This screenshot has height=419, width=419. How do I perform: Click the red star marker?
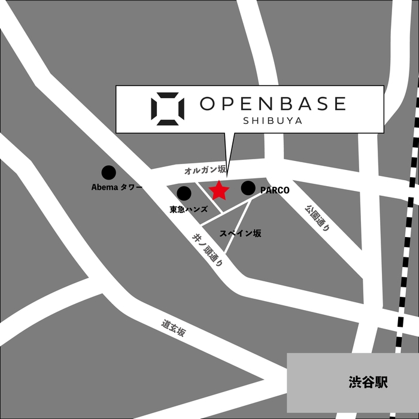click(x=219, y=190)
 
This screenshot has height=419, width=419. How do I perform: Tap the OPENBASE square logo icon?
click(x=168, y=108)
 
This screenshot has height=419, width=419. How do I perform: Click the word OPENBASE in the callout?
click(x=273, y=104)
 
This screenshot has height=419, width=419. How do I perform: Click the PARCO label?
click(x=275, y=190)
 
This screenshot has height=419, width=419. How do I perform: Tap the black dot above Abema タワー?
click(x=108, y=172)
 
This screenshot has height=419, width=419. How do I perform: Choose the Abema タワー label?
click(x=117, y=187)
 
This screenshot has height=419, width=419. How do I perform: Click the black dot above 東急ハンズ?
click(x=184, y=193)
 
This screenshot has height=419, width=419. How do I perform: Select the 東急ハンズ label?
click(x=189, y=209)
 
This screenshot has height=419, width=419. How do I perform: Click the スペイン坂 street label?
click(x=240, y=233)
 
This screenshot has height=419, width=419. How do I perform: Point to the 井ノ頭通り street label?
click(x=207, y=250)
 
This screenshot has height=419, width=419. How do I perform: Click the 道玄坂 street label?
click(x=173, y=327)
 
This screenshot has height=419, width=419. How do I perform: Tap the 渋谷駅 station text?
click(x=368, y=382)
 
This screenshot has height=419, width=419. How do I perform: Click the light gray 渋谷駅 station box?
click(x=323, y=395)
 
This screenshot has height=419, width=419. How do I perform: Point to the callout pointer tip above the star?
click(x=227, y=175)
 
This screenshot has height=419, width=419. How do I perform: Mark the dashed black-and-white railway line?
click(x=406, y=239)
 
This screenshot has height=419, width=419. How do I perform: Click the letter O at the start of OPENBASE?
click(x=207, y=104)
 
